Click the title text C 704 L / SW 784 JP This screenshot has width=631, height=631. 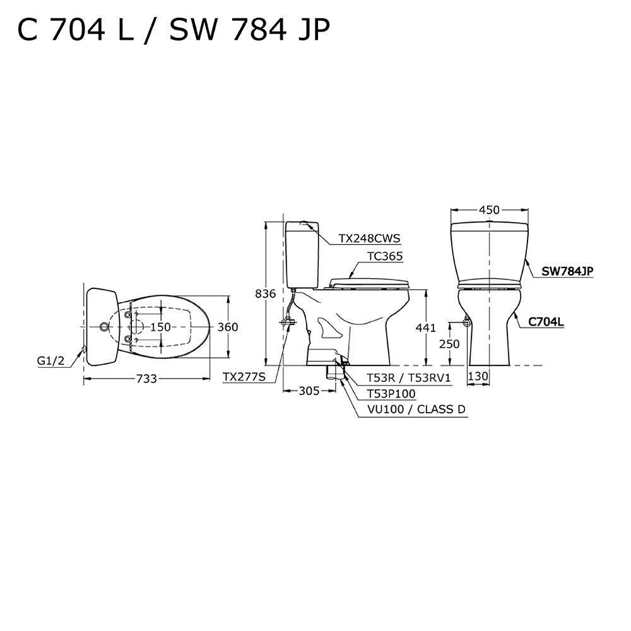tap(174, 30)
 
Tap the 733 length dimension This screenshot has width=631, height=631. tap(146, 379)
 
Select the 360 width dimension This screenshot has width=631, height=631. tap(228, 327)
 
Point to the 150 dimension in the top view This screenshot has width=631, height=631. tap(160, 327)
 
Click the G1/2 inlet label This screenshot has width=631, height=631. tap(50, 361)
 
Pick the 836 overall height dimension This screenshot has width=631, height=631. tap(266, 294)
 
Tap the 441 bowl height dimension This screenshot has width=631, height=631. tap(426, 328)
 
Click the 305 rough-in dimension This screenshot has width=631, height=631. tap(309, 391)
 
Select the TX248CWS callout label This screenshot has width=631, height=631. tap(369, 239)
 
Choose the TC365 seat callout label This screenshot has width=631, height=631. tap(385, 256)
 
